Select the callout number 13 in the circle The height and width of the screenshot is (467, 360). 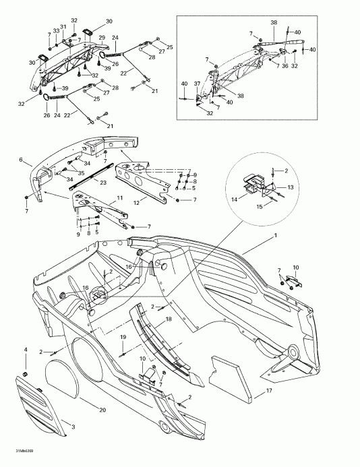tap(291, 187)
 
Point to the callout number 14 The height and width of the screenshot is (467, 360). tap(235, 200)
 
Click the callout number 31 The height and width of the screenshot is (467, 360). tap(63, 27)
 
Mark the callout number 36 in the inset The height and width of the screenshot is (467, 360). tap(285, 65)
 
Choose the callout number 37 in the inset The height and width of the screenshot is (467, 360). tap(197, 84)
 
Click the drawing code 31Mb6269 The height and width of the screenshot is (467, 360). tap(14, 460)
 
